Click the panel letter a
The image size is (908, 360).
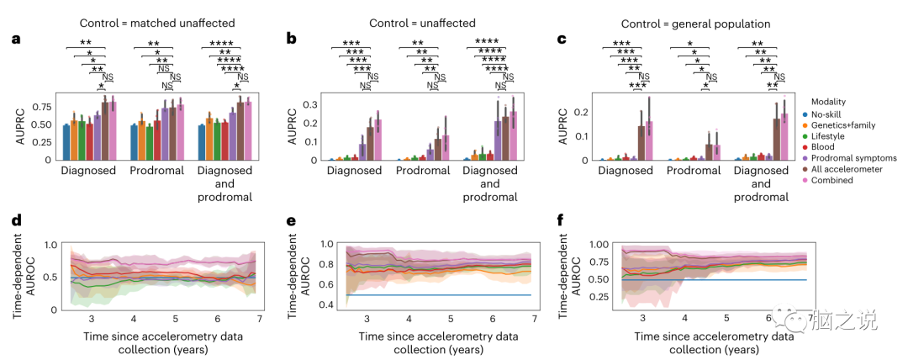[x=14, y=40]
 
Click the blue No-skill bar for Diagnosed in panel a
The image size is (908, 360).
[x=66, y=143]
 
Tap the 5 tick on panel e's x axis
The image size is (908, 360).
[x=451, y=320]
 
